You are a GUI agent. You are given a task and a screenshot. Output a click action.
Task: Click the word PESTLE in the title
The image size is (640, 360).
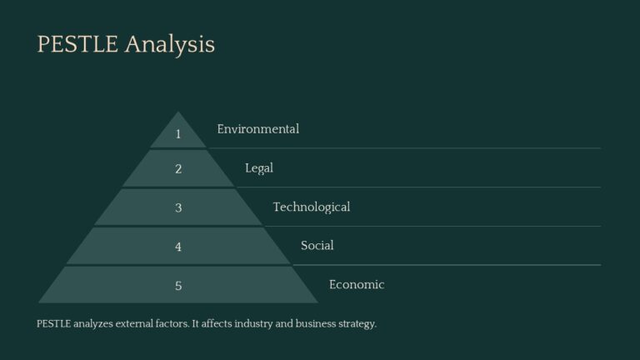pos(77,44)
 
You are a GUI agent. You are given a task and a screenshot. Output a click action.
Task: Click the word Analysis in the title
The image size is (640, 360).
pos(170,44)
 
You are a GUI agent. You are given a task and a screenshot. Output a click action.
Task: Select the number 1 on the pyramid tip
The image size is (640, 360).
pos(178,134)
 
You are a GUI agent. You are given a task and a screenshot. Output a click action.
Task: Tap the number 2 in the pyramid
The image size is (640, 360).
pos(178,169)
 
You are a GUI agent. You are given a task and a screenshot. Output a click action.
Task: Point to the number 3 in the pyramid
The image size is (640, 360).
pos(178,208)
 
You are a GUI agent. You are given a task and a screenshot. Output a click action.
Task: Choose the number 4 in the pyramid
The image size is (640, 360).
pos(178,247)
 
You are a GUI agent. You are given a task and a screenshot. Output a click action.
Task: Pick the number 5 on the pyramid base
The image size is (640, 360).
pos(178,286)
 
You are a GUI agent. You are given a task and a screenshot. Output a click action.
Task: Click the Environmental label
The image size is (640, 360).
pos(257,129)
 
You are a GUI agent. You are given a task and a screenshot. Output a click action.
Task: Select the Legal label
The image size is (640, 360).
pos(259,168)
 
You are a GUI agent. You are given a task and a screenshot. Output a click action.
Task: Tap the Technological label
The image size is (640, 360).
pos(312,207)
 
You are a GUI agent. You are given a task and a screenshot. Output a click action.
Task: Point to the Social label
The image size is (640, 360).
pos(317,246)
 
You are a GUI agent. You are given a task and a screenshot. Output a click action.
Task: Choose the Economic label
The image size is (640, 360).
pos(357,285)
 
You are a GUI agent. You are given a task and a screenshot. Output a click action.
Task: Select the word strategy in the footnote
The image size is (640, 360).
pos(355,323)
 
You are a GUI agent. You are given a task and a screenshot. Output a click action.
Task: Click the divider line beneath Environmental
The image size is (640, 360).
pos(417,148)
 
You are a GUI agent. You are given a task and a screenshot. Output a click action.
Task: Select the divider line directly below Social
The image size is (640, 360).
pos(450,265)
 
